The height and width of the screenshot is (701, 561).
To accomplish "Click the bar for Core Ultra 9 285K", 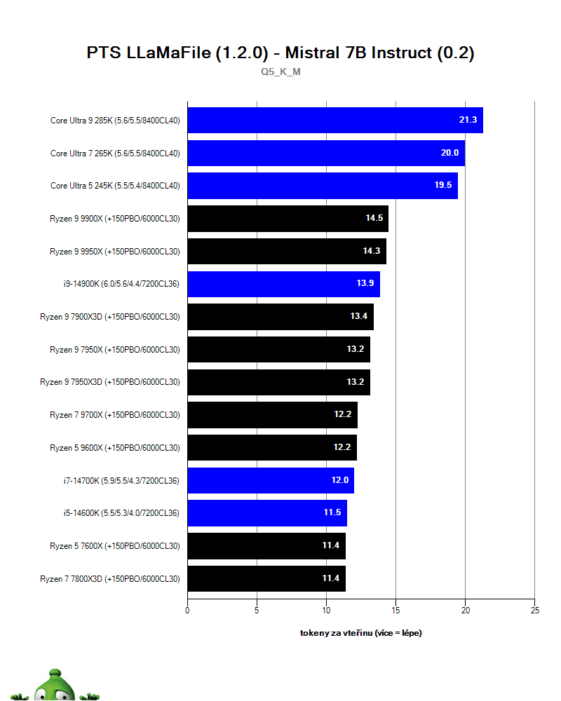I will coord(334,120).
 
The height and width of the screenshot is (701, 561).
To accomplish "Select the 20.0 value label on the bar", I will coord(450,153).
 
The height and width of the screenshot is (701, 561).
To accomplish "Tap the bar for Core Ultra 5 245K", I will coord(322,186).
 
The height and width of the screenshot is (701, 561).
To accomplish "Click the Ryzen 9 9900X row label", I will coord(114,219).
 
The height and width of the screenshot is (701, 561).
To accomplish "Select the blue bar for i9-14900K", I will coord(283,284).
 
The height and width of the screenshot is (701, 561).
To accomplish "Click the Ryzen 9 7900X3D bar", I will coord(280,317).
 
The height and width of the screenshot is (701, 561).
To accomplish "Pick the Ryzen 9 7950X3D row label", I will coord(109,382).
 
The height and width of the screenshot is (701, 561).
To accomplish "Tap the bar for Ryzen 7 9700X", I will coord(272,415).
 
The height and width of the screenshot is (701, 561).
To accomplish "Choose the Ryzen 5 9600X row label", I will coord(114,448).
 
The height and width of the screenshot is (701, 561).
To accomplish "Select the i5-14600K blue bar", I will coord(266,513).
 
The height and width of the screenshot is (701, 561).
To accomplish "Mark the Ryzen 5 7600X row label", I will coord(114,546).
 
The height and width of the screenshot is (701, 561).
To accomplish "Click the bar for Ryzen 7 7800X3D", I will coord(266,579).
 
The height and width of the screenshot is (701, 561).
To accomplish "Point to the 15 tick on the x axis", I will coord(396,611).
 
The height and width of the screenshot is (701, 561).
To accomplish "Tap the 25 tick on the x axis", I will coord(534,611).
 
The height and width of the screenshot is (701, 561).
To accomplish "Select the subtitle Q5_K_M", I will coord(280,72).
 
